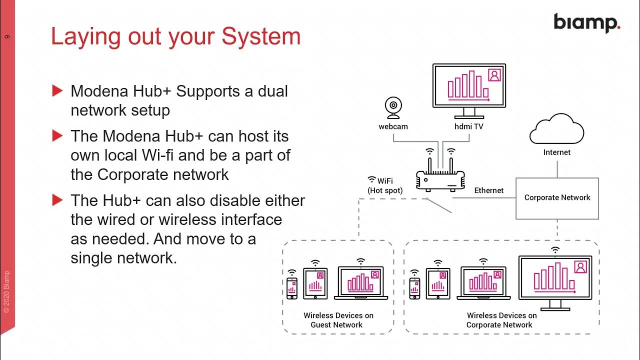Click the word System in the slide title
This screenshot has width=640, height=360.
click(x=261, y=37)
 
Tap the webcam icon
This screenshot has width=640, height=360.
click(x=393, y=107)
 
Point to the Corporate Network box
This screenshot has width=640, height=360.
click(x=557, y=198)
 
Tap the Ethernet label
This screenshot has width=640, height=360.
click(x=488, y=190)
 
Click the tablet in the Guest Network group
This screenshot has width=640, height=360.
click(x=315, y=283)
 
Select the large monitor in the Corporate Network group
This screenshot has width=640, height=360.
click(x=555, y=282)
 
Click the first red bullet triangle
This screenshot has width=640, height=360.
click(x=57, y=91)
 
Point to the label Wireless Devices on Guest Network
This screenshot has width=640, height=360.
click(x=338, y=320)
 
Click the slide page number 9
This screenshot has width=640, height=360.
click(x=7, y=36)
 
